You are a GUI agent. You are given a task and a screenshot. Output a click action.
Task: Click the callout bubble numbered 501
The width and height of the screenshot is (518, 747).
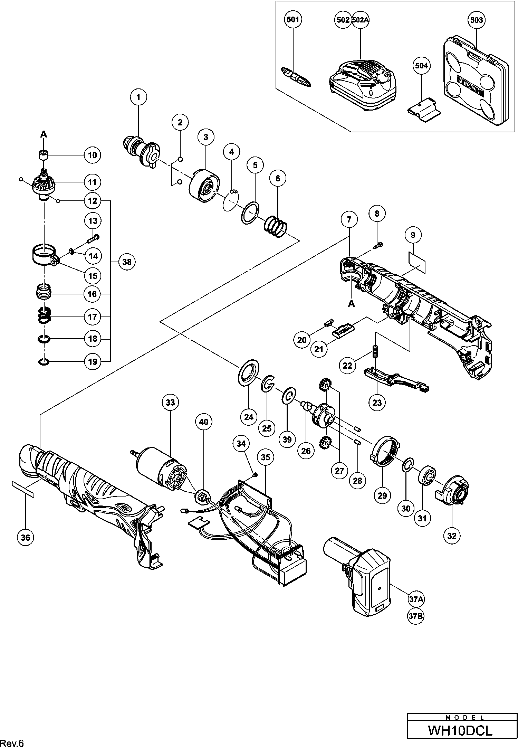point(293,20)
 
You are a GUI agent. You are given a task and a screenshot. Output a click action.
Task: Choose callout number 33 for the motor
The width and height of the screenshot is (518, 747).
point(171,402)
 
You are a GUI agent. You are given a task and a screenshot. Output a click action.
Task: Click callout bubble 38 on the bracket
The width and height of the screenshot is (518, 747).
point(127,262)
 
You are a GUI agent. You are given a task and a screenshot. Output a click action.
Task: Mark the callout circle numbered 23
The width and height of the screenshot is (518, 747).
point(377,403)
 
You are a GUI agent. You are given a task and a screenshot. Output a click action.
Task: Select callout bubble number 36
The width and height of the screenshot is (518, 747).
point(26,537)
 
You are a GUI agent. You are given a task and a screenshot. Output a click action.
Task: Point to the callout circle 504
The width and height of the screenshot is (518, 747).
point(422,66)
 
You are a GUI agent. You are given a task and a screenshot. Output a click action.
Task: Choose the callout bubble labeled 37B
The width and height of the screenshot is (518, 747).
point(416,616)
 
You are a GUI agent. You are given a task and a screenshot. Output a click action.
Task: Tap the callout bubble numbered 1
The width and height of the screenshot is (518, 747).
point(139,97)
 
